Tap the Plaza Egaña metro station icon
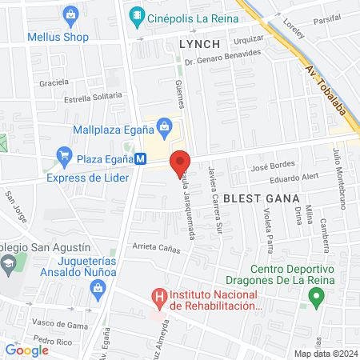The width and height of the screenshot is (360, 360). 141,159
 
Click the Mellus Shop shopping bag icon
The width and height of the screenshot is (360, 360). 70,14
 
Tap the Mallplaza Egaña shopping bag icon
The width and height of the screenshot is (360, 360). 165,125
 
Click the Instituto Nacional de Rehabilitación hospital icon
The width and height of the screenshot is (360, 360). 159,298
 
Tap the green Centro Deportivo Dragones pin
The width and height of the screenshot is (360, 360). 316,298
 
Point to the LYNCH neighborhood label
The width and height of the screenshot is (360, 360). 199,43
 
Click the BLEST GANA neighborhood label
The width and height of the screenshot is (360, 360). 250,197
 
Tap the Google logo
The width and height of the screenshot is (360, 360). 27,350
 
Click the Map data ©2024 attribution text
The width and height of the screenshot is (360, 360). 325,354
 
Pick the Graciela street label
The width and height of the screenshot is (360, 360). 54,82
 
